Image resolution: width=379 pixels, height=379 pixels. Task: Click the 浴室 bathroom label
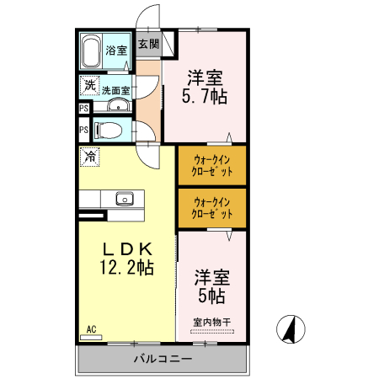tap(116, 51)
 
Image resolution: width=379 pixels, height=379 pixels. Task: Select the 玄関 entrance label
tap(148, 43)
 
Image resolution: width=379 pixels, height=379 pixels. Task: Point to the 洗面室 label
tap(116, 90)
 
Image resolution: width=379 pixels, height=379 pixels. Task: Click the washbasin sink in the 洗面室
tap(119, 105)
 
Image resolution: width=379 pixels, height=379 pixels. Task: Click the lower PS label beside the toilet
tap(84, 131)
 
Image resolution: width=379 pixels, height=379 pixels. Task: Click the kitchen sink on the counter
tap(125, 199)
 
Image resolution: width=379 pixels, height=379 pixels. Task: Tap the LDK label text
tap(127, 250)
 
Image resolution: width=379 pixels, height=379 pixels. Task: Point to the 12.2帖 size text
tap(127, 269)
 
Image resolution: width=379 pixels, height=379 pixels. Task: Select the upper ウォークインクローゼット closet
tap(212, 165)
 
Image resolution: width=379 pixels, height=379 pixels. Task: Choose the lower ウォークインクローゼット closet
tap(212, 208)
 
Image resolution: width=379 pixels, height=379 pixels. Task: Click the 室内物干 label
tap(211, 322)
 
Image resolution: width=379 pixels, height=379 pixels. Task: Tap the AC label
tap(90, 328)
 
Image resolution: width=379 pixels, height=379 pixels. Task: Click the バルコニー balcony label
tap(163, 360)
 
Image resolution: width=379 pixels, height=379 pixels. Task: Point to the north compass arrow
tap(291, 329)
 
